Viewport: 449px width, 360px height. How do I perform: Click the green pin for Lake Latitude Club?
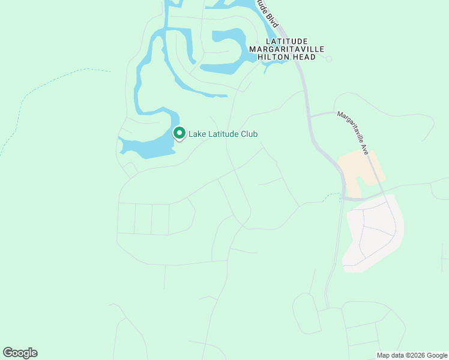pyautogui.click(x=179, y=133)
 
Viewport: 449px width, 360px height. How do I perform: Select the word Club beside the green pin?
pyautogui.click(x=249, y=134)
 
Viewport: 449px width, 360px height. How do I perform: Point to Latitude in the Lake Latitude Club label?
pyautogui.click(x=223, y=134)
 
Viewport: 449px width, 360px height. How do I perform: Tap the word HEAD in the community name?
pyautogui.click(x=304, y=57)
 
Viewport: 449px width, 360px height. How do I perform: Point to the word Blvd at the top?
pyautogui.click(x=274, y=20)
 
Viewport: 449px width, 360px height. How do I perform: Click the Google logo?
pyautogui.click(x=20, y=353)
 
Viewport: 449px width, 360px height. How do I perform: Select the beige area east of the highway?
pyautogui.click(x=360, y=171)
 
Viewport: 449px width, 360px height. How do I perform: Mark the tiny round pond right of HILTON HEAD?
pyautogui.click(x=328, y=59)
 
